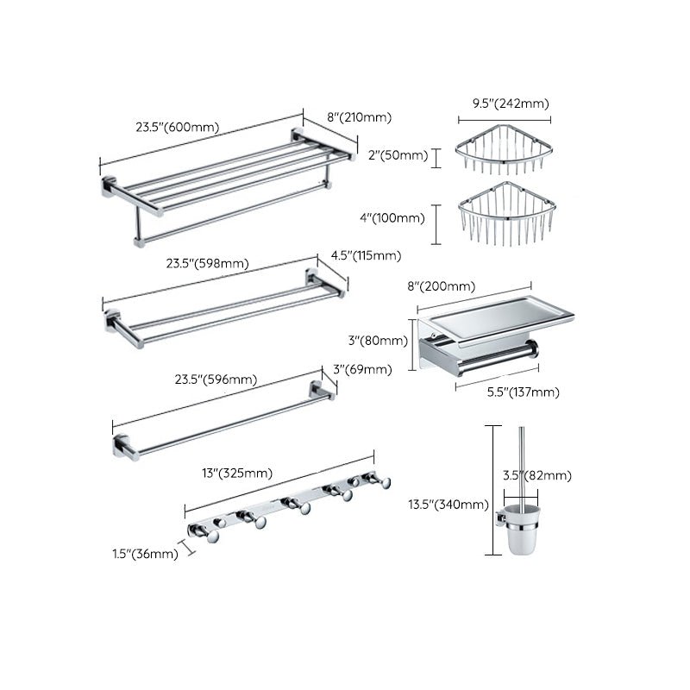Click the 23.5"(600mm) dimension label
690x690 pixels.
pyautogui.click(x=176, y=127)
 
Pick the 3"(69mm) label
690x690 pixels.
pyautogui.click(x=362, y=369)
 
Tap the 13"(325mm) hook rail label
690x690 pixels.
pyautogui.click(x=236, y=473)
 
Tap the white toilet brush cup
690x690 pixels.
pyautogui.click(x=521, y=539)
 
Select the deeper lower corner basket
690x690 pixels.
pyautogui.click(x=504, y=216)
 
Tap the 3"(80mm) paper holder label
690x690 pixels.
pyautogui.click(x=379, y=341)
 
